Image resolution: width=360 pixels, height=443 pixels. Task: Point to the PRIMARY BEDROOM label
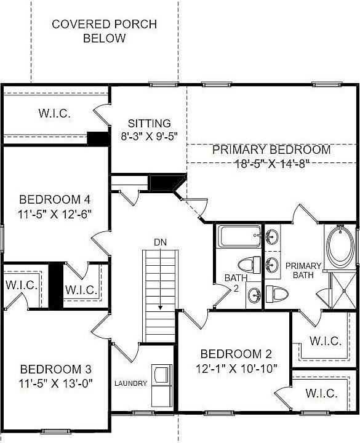271,150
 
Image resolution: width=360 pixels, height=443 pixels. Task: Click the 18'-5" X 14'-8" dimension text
271,163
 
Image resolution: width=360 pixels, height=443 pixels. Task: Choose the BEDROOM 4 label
55,200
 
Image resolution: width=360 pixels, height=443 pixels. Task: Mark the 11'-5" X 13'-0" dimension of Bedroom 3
55,383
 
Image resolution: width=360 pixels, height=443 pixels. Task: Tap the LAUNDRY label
130,384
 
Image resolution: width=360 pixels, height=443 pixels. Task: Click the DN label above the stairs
160,242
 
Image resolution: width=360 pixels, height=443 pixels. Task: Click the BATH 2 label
236,284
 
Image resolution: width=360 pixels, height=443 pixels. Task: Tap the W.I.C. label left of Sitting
55,114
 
